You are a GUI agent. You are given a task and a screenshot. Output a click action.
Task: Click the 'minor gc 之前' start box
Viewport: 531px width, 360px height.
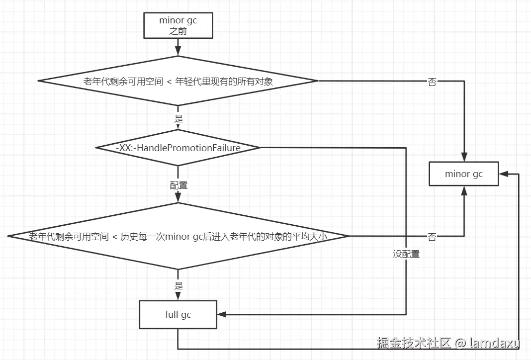[178, 25]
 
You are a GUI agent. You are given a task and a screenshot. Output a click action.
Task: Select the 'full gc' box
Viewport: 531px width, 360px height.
[178, 314]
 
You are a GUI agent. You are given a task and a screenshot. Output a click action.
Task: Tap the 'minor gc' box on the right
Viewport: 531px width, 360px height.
[463, 174]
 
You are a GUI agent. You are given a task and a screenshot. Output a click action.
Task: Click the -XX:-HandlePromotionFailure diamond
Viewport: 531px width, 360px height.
[178, 148]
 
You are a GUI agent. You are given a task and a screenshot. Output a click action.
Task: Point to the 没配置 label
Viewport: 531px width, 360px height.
[406, 254]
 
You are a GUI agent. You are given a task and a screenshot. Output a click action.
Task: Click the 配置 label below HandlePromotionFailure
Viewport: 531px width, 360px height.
[178, 185]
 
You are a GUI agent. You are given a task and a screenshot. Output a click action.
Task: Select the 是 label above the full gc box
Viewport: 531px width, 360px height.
[178, 285]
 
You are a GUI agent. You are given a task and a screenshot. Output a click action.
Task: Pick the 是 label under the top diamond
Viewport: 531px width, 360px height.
[178, 118]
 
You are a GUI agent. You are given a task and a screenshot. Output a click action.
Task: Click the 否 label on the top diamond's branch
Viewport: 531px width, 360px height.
[432, 82]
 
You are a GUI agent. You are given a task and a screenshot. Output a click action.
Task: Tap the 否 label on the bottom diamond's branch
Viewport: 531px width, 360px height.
[432, 237]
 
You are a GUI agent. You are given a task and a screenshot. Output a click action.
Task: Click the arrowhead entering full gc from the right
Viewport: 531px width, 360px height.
[221, 315]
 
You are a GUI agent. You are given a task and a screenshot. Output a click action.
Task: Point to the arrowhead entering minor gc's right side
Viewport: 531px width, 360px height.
[504, 174]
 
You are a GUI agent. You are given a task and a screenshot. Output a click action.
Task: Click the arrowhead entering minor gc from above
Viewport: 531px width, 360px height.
[464, 157]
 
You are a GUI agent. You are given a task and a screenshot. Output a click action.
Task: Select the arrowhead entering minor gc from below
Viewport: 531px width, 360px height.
[464, 191]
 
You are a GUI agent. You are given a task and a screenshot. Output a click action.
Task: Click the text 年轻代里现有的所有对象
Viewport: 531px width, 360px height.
[224, 81]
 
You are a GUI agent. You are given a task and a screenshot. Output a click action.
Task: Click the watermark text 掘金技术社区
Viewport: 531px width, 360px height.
[414, 343]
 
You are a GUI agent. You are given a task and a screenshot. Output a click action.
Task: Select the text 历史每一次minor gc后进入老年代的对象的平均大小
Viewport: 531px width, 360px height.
[224, 236]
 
